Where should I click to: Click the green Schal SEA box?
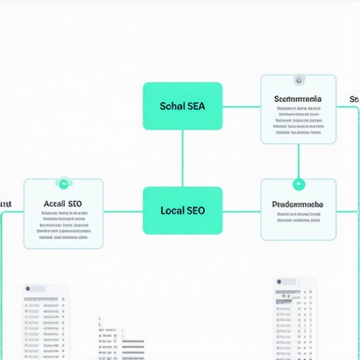click(x=183, y=106)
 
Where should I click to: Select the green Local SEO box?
click(x=183, y=210)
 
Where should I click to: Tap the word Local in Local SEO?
click(x=172, y=210)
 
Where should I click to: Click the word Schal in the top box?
click(x=172, y=106)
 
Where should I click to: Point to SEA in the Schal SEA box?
click(x=195, y=106)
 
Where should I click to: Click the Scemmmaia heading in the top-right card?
click(x=298, y=100)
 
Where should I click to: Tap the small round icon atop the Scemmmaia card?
click(x=299, y=80)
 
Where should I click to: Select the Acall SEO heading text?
click(x=63, y=204)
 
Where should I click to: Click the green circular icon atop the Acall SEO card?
click(x=63, y=184)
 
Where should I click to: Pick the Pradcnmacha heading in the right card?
click(x=298, y=205)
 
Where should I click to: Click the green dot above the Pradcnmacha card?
click(x=299, y=184)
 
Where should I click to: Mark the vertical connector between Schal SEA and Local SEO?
click(x=183, y=158)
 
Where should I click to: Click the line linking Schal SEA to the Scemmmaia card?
click(x=241, y=107)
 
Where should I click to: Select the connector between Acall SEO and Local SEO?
click(x=123, y=210)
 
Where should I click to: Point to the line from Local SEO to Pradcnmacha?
click(x=241, y=210)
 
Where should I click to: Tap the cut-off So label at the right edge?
click(x=354, y=100)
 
